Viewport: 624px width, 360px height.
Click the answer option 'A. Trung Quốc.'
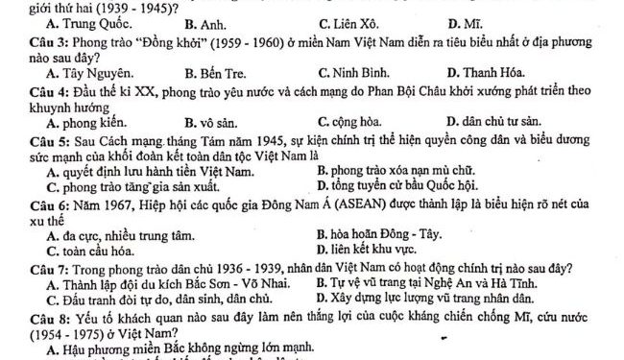pos(82,24)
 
